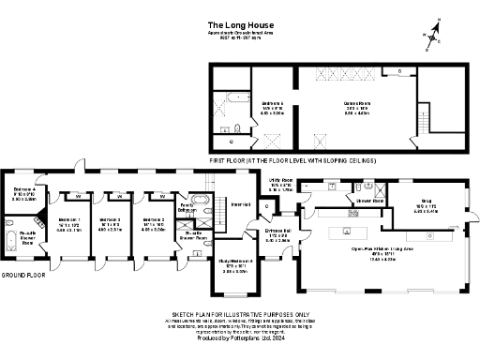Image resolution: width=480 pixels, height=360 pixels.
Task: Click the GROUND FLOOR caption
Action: pyautogui.click(x=24, y=275)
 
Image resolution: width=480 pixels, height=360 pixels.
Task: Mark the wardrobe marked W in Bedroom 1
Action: pyautogui.click(x=76, y=196)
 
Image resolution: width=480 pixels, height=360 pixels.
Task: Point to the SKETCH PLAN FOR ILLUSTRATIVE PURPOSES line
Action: pyautogui.click(x=240, y=315)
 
